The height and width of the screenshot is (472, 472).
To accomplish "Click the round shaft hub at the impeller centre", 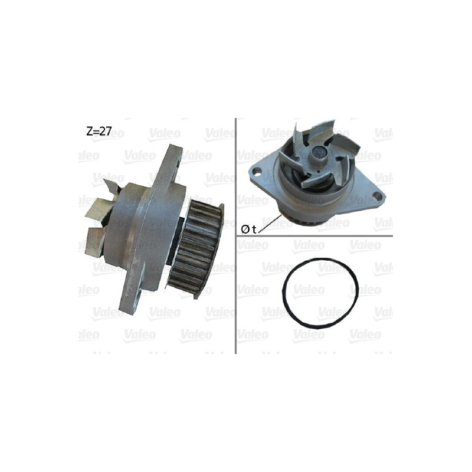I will click(x=319, y=154).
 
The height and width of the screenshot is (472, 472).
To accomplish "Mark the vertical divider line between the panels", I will click(x=236, y=236).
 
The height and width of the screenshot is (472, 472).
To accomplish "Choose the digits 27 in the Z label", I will click(x=105, y=132).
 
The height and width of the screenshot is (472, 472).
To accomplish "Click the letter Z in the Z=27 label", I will click(x=89, y=132).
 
